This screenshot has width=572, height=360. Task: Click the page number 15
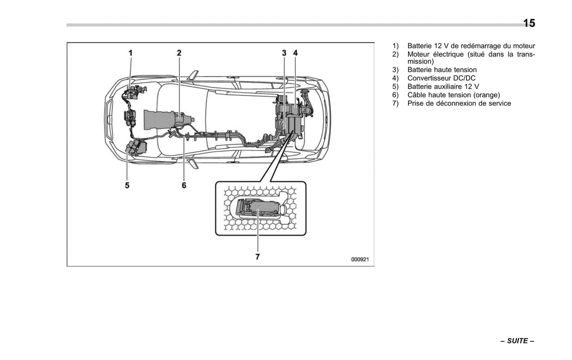529,23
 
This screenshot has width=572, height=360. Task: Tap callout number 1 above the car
130,53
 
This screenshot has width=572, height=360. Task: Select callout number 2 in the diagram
179,53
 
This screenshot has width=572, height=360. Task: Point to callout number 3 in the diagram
284,53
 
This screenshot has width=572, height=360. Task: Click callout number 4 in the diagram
295,53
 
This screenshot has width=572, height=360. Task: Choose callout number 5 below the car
127,185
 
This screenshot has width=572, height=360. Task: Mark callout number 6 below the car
184,185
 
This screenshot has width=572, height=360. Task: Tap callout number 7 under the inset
257,257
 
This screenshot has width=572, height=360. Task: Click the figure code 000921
360,259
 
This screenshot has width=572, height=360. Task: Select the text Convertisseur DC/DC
441,78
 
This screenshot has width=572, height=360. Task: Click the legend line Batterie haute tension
442,70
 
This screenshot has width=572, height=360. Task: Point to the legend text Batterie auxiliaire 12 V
443,87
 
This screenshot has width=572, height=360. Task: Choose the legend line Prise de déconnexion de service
459,103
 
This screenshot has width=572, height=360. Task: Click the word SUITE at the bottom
517,341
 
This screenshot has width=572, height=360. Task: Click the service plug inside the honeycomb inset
257,208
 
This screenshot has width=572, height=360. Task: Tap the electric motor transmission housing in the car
166,119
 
